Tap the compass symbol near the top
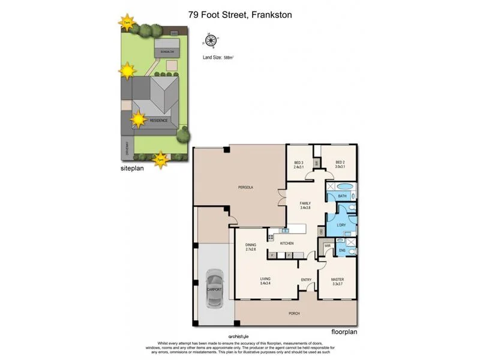pyautogui.click(x=211, y=41)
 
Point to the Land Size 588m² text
pyautogui.click(x=219, y=58)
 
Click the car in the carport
pyautogui.click(x=214, y=289)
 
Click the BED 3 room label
pyautogui.click(x=299, y=164)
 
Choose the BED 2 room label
pyautogui.click(x=340, y=164)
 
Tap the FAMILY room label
pyautogui.click(x=305, y=206)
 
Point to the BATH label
pyautogui.click(x=342, y=196)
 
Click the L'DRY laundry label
pyautogui.click(x=341, y=226)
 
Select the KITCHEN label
pyautogui.click(x=287, y=243)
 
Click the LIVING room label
pyautogui.click(x=265, y=281)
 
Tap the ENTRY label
pyautogui.click(x=305, y=280)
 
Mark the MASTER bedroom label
pyautogui.click(x=338, y=281)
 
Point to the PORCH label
pyautogui.click(x=294, y=313)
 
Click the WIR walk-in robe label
pyautogui.click(x=328, y=245)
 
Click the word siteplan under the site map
pyautogui.click(x=131, y=170)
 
